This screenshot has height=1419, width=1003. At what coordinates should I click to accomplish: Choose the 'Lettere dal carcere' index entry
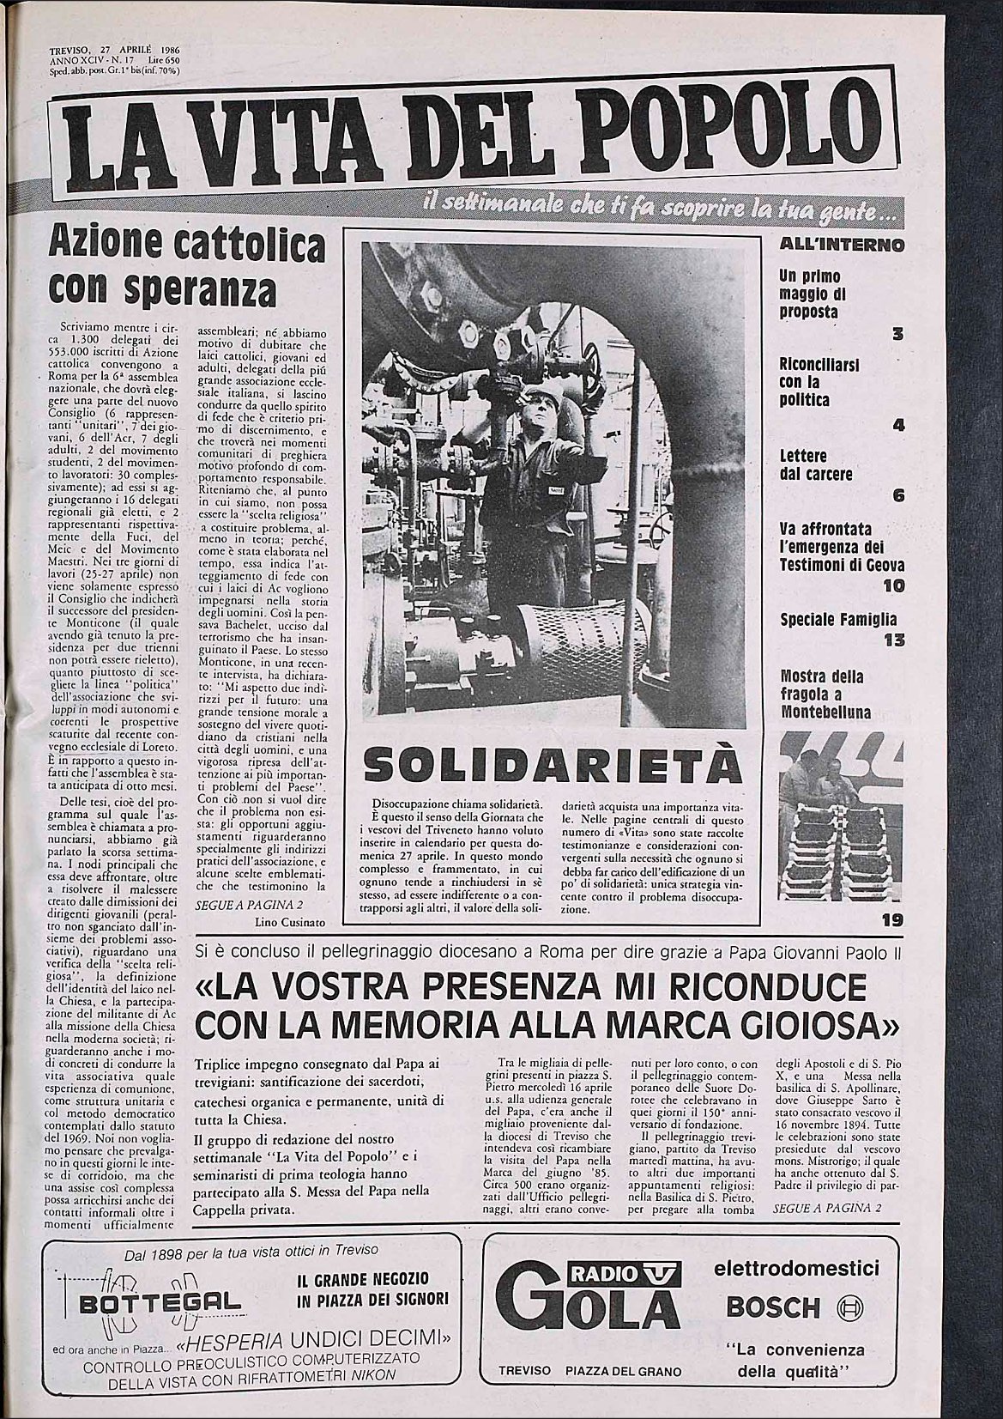(x=816, y=465)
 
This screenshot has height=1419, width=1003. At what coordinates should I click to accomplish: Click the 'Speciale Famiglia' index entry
(x=826, y=620)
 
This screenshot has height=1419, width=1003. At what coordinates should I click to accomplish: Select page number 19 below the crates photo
(x=891, y=922)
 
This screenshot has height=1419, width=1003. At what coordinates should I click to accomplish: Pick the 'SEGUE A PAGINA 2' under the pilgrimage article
(x=826, y=1209)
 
